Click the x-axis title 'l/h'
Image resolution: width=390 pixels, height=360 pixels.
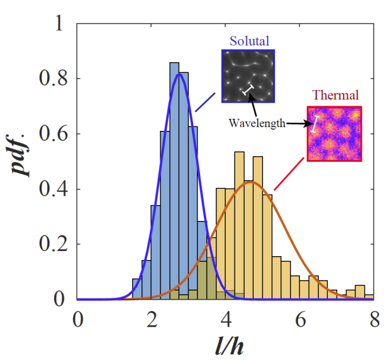[x=226, y=345]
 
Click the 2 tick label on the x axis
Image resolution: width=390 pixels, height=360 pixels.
[x=152, y=318]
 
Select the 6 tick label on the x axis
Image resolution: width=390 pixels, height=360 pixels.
[x=301, y=318]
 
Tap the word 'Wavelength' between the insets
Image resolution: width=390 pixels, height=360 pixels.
[x=254, y=123]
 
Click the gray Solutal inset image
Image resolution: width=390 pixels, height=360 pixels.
[x=247, y=76]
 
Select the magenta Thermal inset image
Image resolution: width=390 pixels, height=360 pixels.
[x=334, y=134]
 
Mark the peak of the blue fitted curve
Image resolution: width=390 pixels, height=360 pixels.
[x=181, y=74]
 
